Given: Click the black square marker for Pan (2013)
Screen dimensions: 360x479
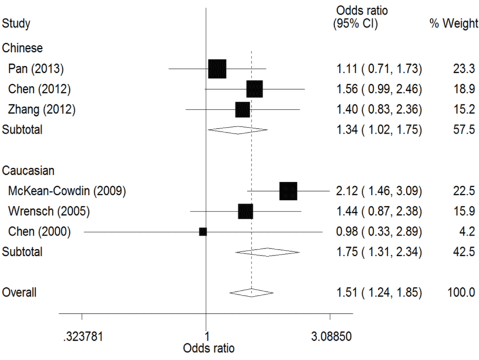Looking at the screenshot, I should click(x=217, y=69).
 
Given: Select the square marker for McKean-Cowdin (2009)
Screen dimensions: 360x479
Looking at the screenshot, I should click(x=288, y=190).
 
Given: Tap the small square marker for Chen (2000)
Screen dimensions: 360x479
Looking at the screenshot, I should click(x=203, y=231).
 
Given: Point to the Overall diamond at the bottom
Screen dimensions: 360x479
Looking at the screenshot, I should click(x=251, y=292).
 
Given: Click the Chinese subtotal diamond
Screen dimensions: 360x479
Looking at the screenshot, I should click(x=237, y=129).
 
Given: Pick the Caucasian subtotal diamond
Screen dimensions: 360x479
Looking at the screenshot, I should click(x=267, y=252).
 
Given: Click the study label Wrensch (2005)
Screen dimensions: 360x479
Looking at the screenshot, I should click(x=41, y=211).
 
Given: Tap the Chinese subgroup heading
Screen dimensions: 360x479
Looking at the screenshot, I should click(x=22, y=48).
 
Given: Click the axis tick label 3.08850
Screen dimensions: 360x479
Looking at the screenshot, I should click(x=330, y=336).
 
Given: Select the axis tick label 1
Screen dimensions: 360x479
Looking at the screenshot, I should click(x=207, y=336).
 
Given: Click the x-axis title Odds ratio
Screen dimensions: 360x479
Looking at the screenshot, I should click(x=209, y=348).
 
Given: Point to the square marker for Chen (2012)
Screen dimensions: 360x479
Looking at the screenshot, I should click(x=254, y=89).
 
